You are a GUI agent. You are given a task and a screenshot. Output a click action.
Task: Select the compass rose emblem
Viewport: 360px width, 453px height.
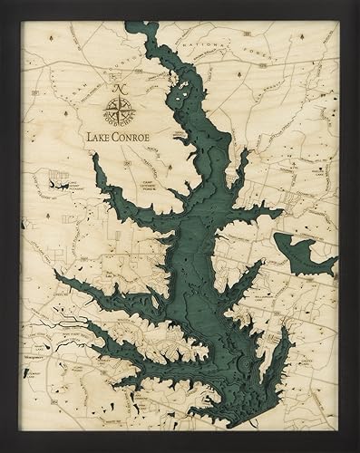[x=117, y=113]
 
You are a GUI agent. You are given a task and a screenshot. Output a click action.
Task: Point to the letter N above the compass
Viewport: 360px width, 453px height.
[x=117, y=90]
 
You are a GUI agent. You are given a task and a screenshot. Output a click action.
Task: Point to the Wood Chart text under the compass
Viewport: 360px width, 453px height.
[x=117, y=128]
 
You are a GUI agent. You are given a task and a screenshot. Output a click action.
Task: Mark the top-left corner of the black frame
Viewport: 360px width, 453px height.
[x=3, y=3]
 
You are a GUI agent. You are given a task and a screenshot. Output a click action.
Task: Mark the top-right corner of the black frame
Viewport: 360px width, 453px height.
[x=357, y=3]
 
